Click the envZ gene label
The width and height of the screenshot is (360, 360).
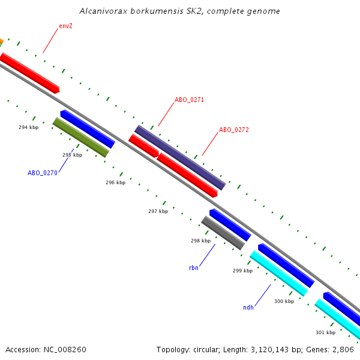click(x=65, y=26)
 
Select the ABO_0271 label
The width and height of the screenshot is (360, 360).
click(x=189, y=100)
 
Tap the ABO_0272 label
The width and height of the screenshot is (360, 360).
click(x=233, y=130)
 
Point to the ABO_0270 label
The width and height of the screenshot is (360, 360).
click(x=42, y=173)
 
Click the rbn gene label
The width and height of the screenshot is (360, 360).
click(x=193, y=268)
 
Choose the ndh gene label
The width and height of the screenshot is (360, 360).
click(x=248, y=308)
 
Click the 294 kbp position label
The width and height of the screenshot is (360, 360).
click(x=28, y=127)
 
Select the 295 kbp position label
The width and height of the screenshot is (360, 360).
click(x=72, y=155)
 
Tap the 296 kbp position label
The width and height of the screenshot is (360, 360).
click(x=115, y=182)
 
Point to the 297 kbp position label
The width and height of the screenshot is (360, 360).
click(x=158, y=211)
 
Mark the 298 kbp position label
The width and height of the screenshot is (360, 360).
click(x=200, y=241)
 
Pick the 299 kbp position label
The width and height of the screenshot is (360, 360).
click(x=242, y=271)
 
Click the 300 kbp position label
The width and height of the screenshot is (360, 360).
click(x=284, y=301)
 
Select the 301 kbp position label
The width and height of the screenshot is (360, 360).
click(x=325, y=332)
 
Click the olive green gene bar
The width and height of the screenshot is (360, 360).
click(x=81, y=137)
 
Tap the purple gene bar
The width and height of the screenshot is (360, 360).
click(x=179, y=157)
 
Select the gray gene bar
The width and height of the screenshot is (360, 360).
click(x=223, y=233)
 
